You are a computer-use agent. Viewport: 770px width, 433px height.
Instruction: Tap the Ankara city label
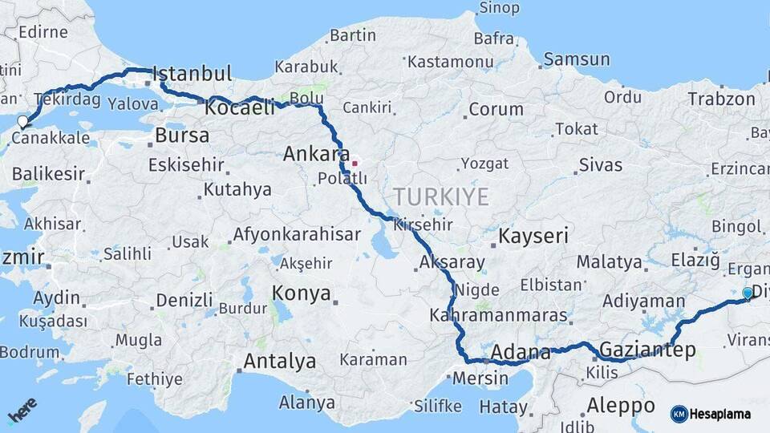point(316,154)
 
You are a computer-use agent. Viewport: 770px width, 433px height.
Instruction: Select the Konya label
point(301,293)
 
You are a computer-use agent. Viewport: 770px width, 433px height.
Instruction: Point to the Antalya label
point(279,361)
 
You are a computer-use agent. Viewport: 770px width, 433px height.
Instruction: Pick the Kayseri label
point(533,236)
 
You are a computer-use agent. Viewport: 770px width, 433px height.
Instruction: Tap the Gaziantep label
point(647,350)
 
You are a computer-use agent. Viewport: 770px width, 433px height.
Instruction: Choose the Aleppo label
point(621,404)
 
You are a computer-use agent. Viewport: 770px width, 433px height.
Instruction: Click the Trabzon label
point(721,99)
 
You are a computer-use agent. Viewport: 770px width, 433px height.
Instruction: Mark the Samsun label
point(577,59)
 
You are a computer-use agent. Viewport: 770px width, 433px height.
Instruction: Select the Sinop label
point(499,9)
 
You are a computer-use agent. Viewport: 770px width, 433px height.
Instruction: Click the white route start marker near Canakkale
point(22,123)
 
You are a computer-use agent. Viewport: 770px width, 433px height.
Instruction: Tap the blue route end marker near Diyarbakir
point(748,293)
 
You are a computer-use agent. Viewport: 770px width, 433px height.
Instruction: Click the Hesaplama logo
point(712,414)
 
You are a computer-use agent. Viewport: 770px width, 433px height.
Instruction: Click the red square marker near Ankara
point(354,164)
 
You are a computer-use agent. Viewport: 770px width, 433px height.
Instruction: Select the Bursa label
point(182,136)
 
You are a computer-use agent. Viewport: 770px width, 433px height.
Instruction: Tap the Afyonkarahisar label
point(296,236)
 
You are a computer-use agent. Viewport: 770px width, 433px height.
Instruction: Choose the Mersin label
point(480,378)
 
